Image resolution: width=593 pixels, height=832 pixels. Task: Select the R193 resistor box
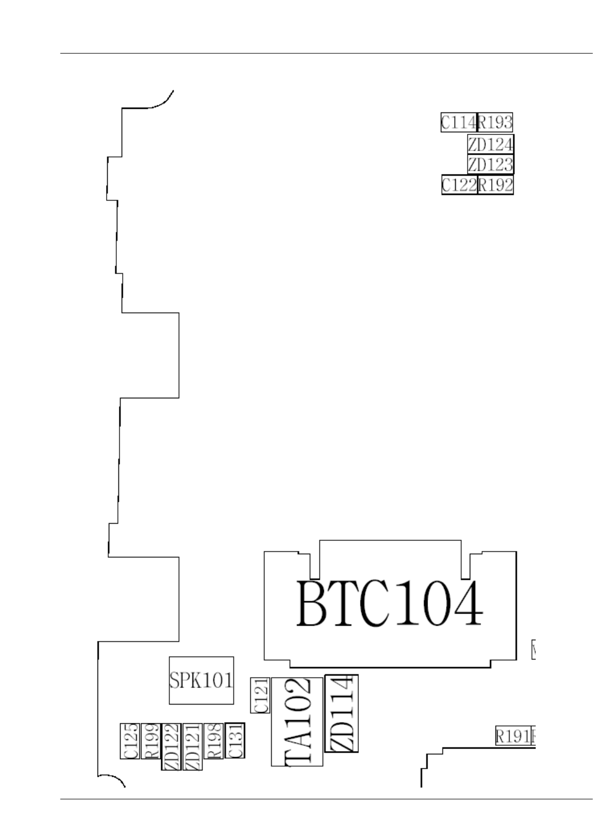tap(495, 123)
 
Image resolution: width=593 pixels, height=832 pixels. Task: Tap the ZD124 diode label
tap(491, 144)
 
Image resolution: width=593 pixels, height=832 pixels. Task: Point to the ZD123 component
tap(491, 164)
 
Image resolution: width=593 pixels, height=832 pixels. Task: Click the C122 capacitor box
tap(459, 185)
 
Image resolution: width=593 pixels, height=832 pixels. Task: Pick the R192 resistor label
tap(496, 185)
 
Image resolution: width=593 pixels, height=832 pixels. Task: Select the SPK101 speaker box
tap(201, 680)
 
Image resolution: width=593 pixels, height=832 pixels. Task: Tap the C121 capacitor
tap(260, 695)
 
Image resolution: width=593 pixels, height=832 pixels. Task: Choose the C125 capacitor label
tap(130, 741)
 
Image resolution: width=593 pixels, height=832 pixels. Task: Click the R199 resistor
tap(151, 741)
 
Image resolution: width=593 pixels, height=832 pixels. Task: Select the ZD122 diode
tap(171, 746)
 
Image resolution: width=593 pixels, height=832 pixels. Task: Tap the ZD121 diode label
tap(192, 746)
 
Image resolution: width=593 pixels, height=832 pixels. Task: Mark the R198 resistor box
tap(213, 741)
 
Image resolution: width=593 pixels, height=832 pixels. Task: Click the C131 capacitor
tap(235, 740)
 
